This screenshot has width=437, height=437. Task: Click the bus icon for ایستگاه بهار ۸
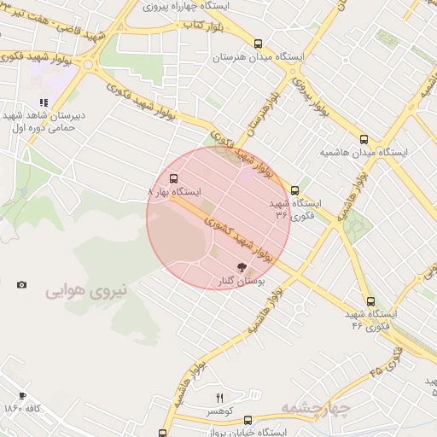point(174,179)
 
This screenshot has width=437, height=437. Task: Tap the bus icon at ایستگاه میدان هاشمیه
point(364,138)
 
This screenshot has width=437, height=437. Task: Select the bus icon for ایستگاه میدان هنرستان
point(258,44)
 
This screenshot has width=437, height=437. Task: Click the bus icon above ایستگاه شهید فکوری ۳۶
point(294,190)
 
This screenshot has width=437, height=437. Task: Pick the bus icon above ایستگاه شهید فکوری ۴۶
point(370,301)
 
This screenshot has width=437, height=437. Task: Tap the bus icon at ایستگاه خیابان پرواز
point(248,420)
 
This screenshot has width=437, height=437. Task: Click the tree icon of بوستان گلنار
point(239,268)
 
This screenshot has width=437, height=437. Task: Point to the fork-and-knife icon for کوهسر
point(219,398)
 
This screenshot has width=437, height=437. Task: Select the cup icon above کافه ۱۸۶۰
point(22,395)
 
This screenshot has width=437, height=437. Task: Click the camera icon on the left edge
point(21,284)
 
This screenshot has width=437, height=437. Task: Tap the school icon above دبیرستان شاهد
point(44,102)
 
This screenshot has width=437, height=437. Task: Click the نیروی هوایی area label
point(85,291)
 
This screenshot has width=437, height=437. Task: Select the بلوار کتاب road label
point(202,26)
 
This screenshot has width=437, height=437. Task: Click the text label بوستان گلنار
point(239,282)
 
